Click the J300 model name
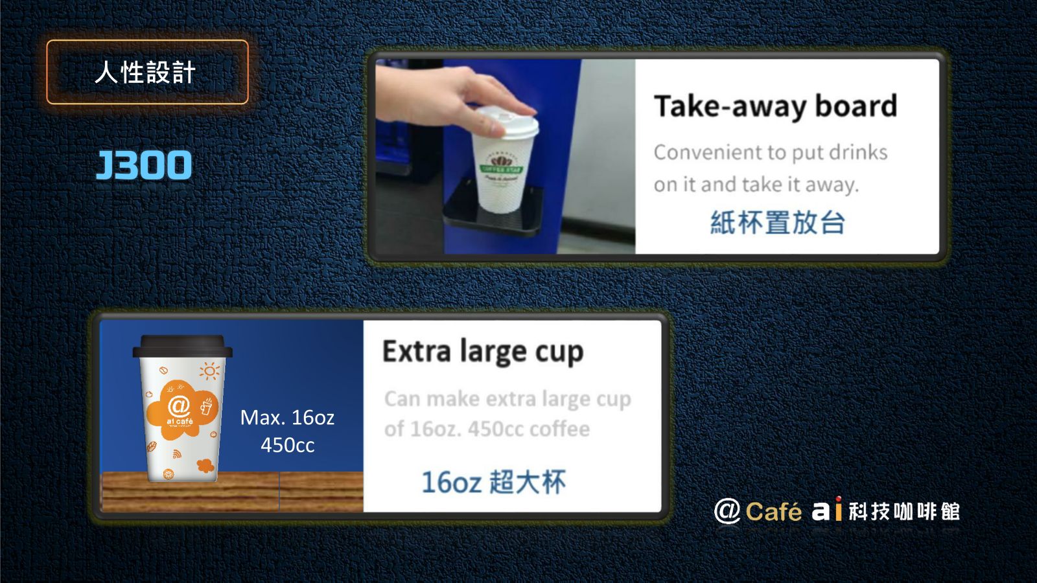(144, 165)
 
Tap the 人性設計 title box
(147, 72)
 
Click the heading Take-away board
(775, 107)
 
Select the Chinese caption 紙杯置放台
(778, 222)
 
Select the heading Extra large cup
(483, 352)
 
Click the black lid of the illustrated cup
(182, 346)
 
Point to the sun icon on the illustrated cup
(210, 371)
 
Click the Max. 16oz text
(287, 417)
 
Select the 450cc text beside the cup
(288, 445)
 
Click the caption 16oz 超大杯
(493, 482)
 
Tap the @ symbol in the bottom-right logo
(727, 511)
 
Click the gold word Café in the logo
(774, 512)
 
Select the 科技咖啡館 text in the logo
(904, 512)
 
